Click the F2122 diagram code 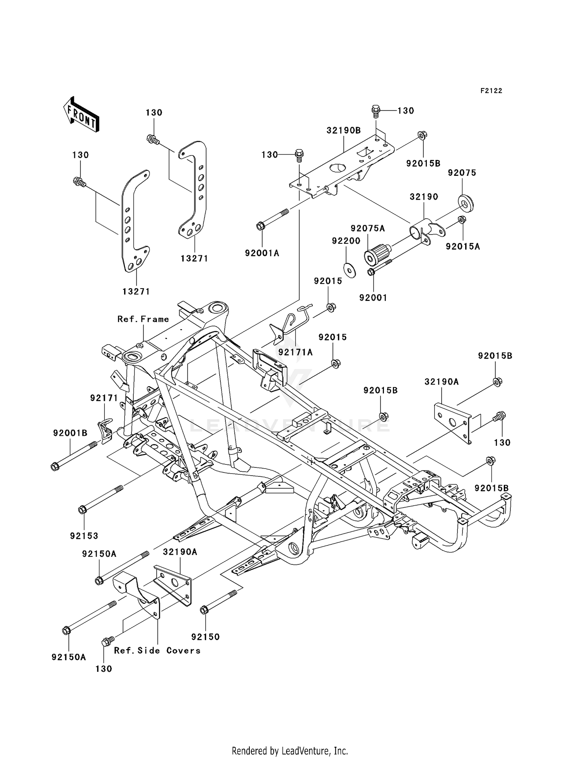click(x=491, y=91)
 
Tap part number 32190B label click(x=343, y=131)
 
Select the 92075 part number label click(x=462, y=173)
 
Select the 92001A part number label click(x=262, y=253)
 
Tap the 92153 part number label click(x=84, y=536)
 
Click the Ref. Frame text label click(x=143, y=319)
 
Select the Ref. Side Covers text click(x=157, y=651)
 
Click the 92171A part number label click(x=295, y=352)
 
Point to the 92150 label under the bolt click(x=205, y=637)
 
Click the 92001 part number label click(x=373, y=297)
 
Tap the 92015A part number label click(x=462, y=246)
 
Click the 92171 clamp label click(x=104, y=398)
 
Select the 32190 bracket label click(x=424, y=197)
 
